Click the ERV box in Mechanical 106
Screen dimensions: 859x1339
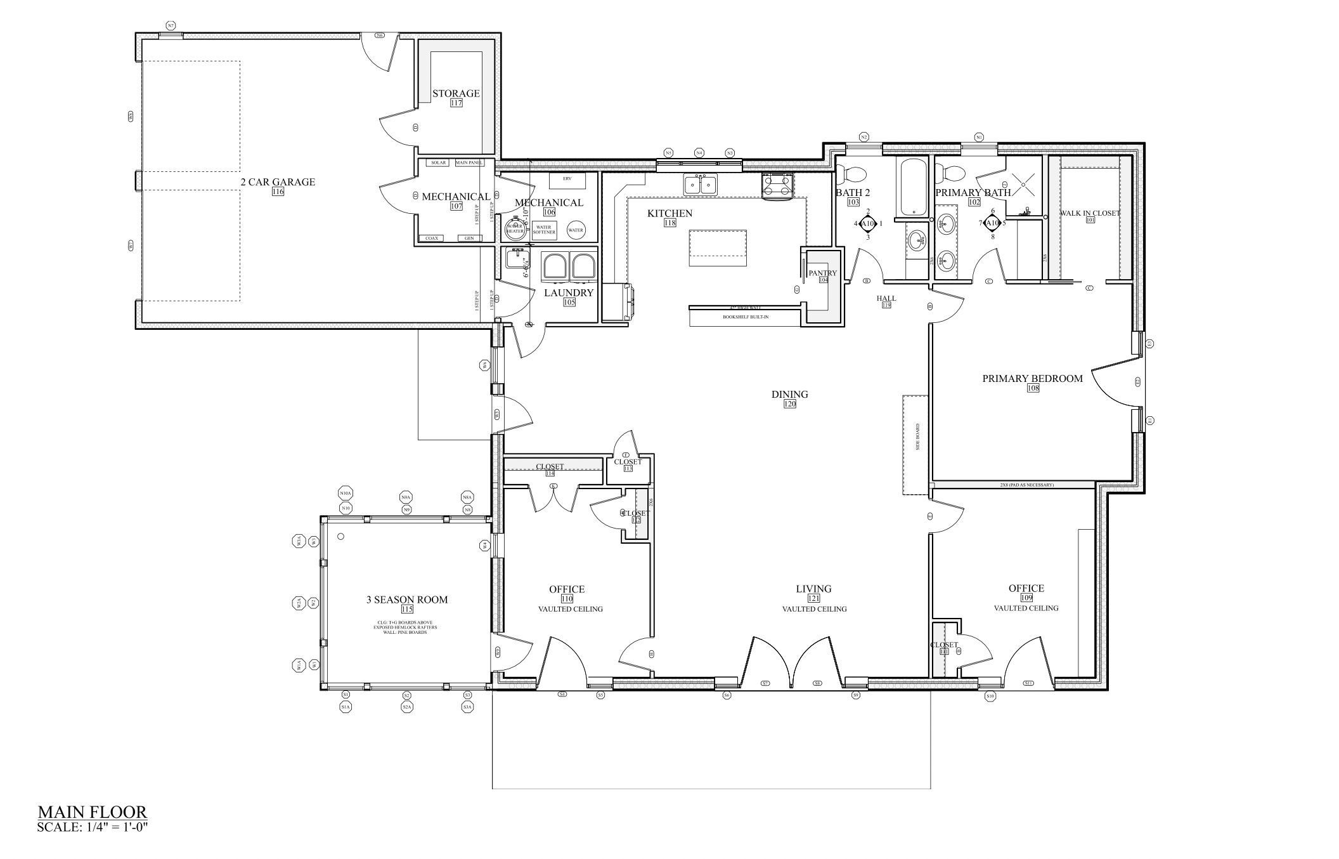(x=567, y=179)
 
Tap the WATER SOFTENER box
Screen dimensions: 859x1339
(x=543, y=229)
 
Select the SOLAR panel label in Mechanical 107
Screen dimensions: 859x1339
(x=438, y=163)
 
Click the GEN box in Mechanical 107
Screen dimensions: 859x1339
(x=469, y=239)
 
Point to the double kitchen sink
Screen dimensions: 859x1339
(x=700, y=185)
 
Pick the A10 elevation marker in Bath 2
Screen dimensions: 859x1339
(x=868, y=223)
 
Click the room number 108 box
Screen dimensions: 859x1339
(x=1033, y=388)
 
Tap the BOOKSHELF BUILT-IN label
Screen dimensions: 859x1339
(x=745, y=317)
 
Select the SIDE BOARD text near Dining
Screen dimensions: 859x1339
(x=917, y=437)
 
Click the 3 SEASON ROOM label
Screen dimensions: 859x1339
(x=406, y=600)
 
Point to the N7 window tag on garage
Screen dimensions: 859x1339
(x=171, y=26)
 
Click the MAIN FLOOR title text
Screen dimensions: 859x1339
(x=93, y=812)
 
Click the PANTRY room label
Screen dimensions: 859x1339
(x=822, y=273)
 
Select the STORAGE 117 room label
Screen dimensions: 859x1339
(x=456, y=94)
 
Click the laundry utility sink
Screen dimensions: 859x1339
(x=515, y=258)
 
